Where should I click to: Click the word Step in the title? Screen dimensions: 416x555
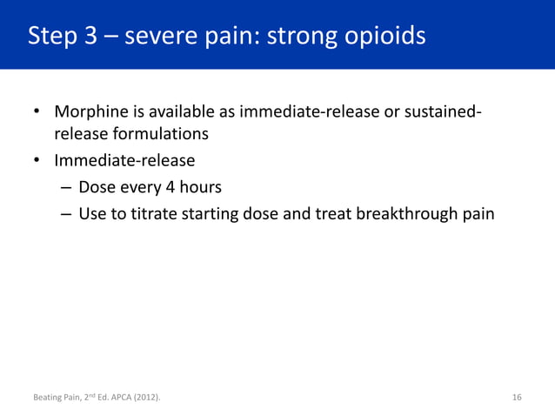click(51, 37)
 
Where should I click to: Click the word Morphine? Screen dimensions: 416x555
click(90, 114)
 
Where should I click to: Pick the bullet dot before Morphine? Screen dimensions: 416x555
click(37, 114)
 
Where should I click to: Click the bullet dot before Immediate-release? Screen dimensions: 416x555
click(37, 161)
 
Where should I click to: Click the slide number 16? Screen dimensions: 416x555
click(517, 399)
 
